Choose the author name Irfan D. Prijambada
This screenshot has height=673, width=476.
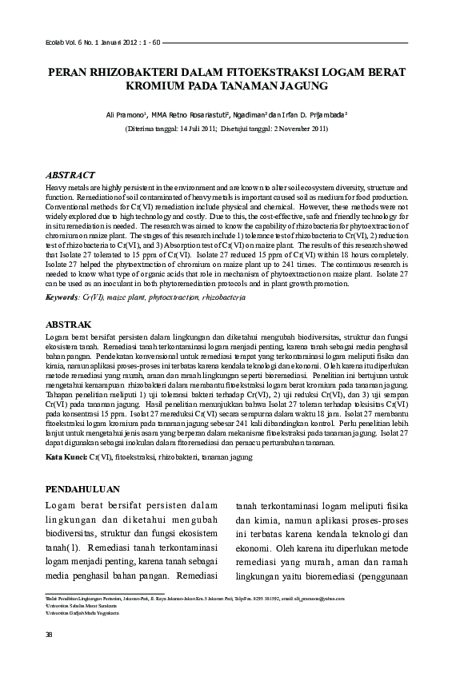click(334, 115)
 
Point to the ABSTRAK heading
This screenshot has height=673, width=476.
click(69, 325)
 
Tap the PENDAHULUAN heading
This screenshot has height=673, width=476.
click(82, 488)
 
